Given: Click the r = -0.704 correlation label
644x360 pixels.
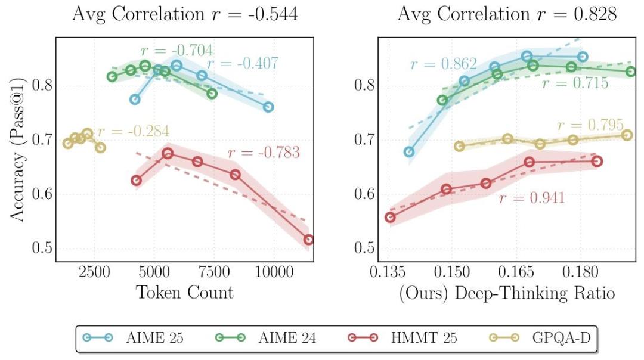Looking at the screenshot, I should click(x=177, y=51).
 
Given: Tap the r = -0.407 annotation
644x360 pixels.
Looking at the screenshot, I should click(x=243, y=64).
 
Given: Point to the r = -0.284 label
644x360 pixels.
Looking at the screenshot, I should click(x=134, y=131).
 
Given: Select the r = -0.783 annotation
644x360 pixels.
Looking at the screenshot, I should click(x=264, y=153).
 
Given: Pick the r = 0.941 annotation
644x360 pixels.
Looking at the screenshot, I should click(x=531, y=198).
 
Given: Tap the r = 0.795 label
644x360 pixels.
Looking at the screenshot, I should click(x=590, y=125).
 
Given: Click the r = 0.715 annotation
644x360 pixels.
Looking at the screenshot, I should click(x=575, y=83).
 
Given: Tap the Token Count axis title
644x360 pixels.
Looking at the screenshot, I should click(x=185, y=292).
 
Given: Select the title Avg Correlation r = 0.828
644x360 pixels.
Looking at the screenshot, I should click(x=507, y=14).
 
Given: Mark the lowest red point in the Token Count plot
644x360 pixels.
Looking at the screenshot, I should click(x=308, y=240).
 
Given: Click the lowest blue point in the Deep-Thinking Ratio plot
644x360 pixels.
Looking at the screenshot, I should click(x=409, y=152).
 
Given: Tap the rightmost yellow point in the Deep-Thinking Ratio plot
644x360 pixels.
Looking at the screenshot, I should click(x=627, y=135).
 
